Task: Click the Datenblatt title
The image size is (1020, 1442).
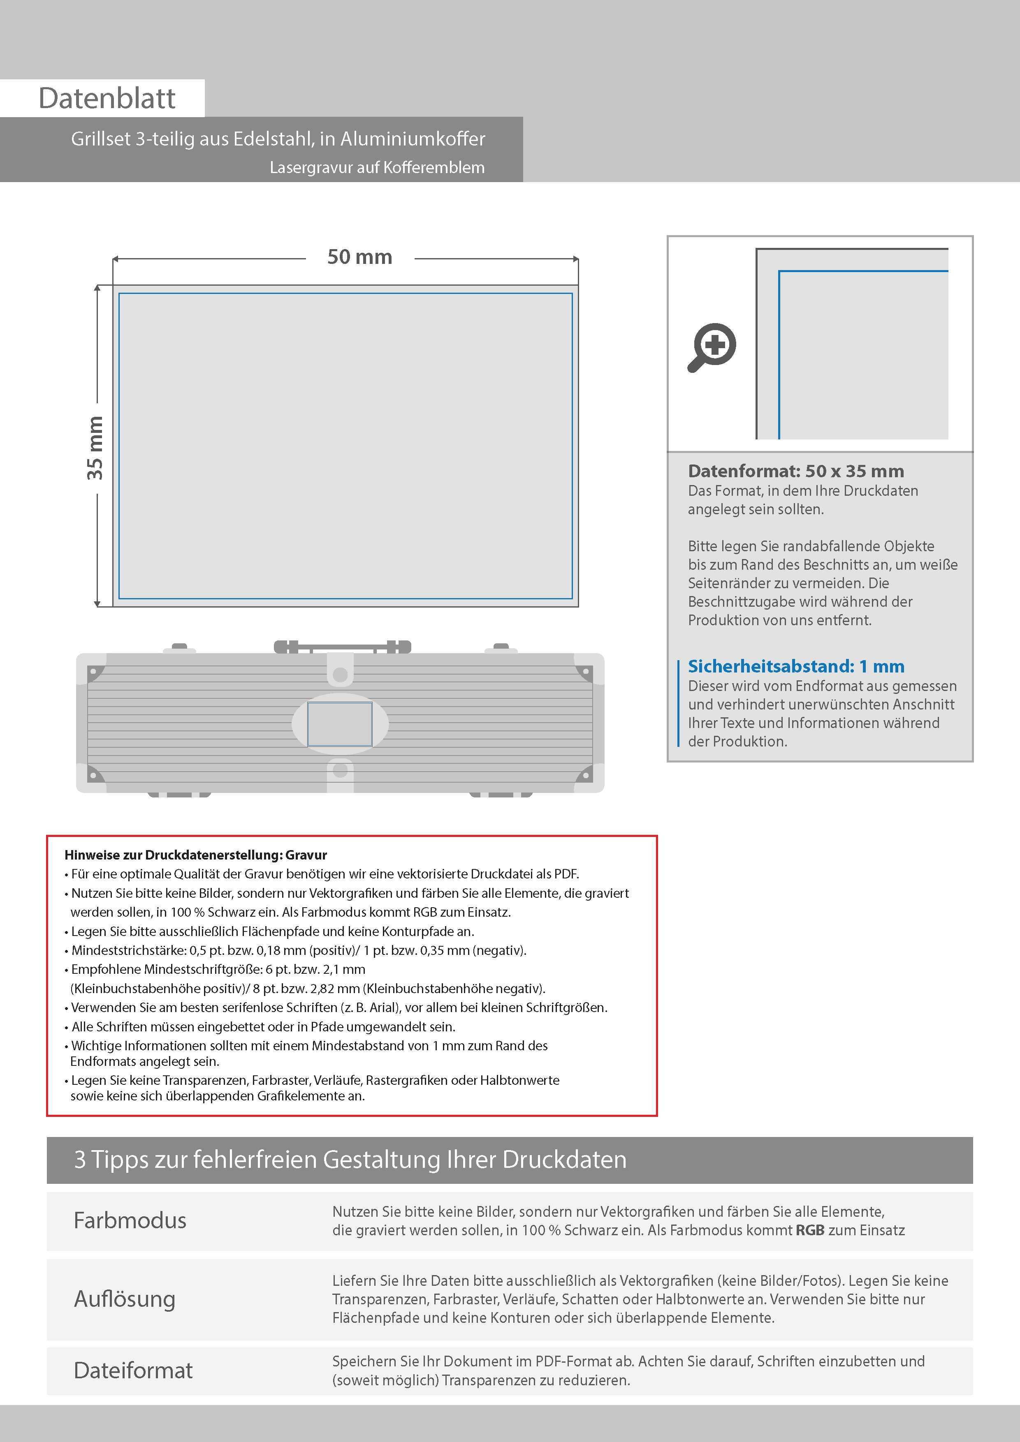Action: pyautogui.click(x=107, y=99)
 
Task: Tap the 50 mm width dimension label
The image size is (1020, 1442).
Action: pyautogui.click(x=359, y=257)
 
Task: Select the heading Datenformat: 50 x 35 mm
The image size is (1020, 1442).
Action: pyautogui.click(x=795, y=471)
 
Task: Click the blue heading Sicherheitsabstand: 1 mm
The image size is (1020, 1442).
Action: pyautogui.click(x=795, y=666)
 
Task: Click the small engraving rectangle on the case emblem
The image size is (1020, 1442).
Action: pyautogui.click(x=339, y=724)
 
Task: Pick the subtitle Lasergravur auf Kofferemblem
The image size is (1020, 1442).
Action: pyautogui.click(x=377, y=168)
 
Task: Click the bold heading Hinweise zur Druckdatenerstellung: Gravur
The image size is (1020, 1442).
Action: pyautogui.click(x=195, y=855)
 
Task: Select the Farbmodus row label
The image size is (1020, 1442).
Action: pyautogui.click(x=130, y=1220)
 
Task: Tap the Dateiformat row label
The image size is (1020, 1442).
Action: pyautogui.click(x=133, y=1370)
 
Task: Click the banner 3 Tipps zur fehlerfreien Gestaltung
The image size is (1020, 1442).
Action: pyautogui.click(x=350, y=1159)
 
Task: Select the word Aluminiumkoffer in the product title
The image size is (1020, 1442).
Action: pyautogui.click(x=412, y=139)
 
